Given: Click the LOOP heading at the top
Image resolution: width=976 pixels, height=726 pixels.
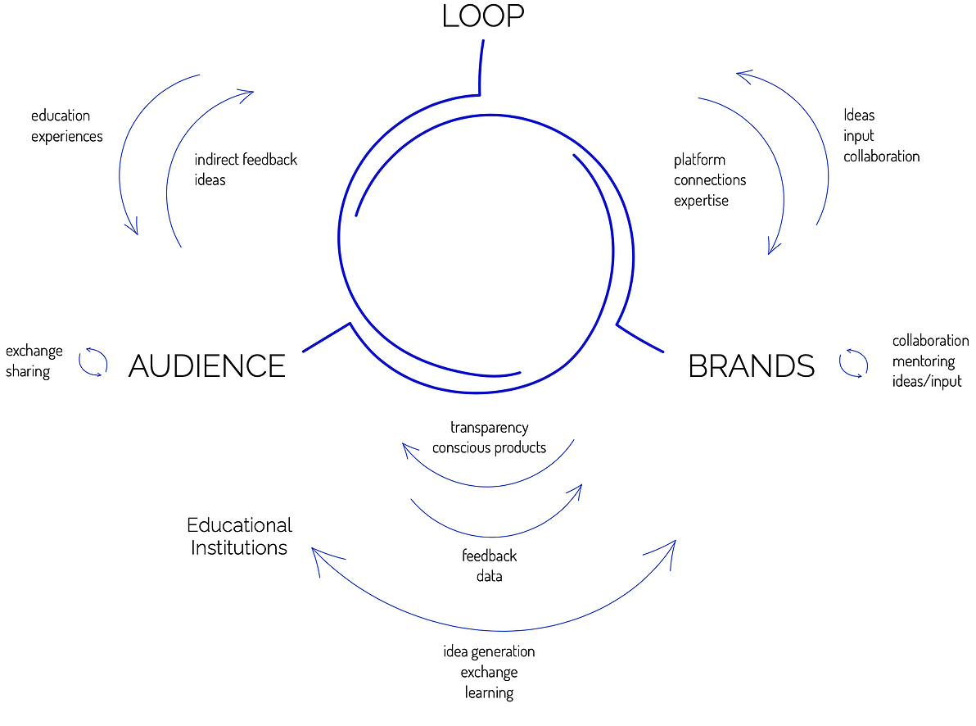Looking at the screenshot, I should click(x=483, y=16).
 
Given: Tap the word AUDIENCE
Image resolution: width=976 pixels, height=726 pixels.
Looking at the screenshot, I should click(x=207, y=365).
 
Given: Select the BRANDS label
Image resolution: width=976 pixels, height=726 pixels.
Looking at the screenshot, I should click(x=752, y=365).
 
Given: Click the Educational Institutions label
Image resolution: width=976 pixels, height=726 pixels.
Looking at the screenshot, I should click(x=239, y=536).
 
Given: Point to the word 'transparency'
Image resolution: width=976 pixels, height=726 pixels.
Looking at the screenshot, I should click(x=490, y=427).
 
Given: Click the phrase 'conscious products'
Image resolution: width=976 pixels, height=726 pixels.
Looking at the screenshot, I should click(x=490, y=448).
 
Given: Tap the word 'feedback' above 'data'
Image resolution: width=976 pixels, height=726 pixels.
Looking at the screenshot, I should click(x=490, y=556).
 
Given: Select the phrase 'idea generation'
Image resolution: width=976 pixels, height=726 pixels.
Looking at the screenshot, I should click(x=489, y=651).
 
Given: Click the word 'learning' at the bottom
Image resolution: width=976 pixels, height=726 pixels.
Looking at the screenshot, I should click(x=490, y=693).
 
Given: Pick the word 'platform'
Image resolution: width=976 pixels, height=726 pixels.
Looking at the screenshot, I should click(x=699, y=160).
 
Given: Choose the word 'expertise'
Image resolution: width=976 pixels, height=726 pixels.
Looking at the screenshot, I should click(x=701, y=201).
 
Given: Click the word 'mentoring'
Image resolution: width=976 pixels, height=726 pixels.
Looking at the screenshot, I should click(x=924, y=361).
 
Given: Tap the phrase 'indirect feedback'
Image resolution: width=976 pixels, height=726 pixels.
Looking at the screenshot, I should click(x=246, y=160).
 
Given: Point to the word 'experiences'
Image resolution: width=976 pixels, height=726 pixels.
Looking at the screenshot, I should click(x=67, y=136).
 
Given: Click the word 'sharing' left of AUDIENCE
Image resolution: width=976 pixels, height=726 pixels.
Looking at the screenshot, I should click(x=28, y=371).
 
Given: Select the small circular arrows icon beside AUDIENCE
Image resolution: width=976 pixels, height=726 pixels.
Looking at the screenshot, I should click(x=93, y=361).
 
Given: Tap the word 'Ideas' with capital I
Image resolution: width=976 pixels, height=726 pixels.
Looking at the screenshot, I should click(x=859, y=116).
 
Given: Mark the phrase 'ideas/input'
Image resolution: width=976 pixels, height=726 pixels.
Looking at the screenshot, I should click(x=927, y=382).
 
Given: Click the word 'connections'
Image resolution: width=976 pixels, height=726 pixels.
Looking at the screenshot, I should click(x=710, y=180).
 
